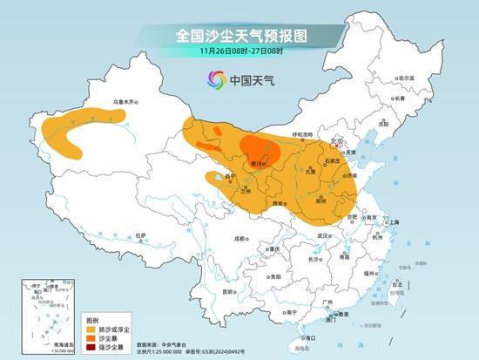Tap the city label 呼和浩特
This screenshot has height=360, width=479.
coord(302,134)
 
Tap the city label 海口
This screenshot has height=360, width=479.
coord(307,337)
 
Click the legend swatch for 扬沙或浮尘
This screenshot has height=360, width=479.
coord(90,330)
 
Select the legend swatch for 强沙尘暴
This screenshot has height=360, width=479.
coord(90,348)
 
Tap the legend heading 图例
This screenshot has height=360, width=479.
coord(93,321)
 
